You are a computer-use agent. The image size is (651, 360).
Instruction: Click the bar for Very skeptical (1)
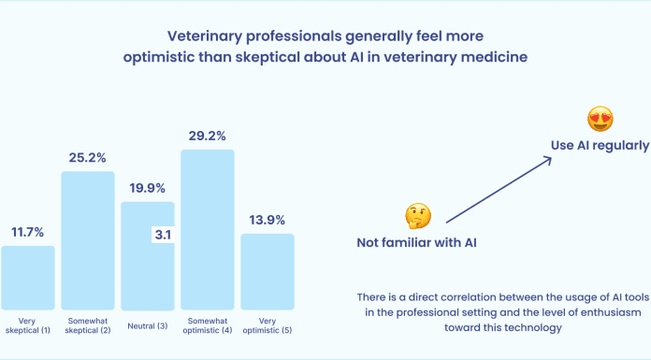(x=28, y=277)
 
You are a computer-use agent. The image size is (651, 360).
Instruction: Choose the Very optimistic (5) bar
(x=268, y=271)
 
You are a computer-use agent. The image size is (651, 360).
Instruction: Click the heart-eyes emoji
(x=600, y=119)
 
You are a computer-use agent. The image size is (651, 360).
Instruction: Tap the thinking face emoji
(x=417, y=217)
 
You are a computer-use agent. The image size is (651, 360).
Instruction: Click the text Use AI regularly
(x=599, y=145)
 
